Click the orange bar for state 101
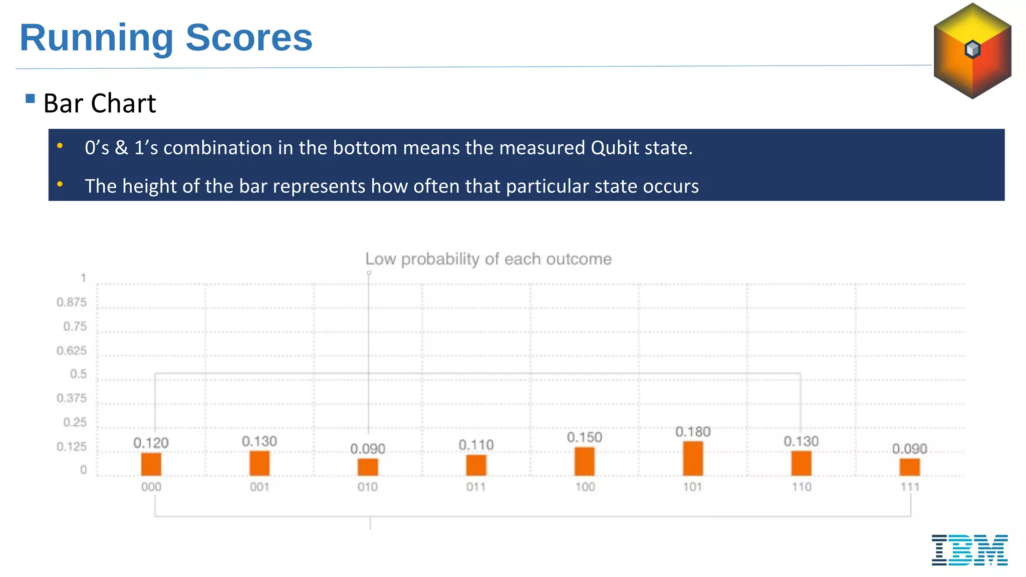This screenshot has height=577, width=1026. pyautogui.click(x=693, y=458)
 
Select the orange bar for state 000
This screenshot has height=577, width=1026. pyautogui.click(x=151, y=464)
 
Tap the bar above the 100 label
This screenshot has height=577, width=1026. pyautogui.click(x=584, y=461)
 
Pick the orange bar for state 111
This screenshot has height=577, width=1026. pyautogui.click(x=909, y=467)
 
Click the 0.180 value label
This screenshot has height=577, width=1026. pyautogui.click(x=693, y=432)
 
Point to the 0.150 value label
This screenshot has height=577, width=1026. pyautogui.click(x=584, y=437)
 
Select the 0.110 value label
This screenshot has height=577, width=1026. pyautogui.click(x=476, y=445)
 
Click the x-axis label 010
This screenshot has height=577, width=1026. pyautogui.click(x=368, y=487)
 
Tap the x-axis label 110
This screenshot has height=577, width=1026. pyautogui.click(x=801, y=487)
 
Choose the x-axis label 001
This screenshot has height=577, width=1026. pyautogui.click(x=260, y=487)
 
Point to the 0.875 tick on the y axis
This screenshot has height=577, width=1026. pyautogui.click(x=72, y=302)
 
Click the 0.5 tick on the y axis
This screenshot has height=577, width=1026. pyautogui.click(x=78, y=374)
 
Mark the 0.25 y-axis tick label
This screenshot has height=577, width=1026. pyautogui.click(x=75, y=422)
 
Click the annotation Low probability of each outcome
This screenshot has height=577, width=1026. pyautogui.click(x=488, y=259)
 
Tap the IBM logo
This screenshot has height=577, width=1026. pyautogui.click(x=969, y=550)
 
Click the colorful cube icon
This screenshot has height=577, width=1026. pyautogui.click(x=972, y=50)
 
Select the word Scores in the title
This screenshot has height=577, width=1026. pyautogui.click(x=249, y=38)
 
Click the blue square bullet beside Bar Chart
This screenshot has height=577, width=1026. pyautogui.click(x=30, y=99)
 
